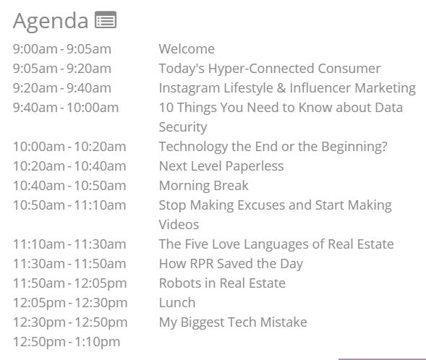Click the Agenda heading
(51, 21)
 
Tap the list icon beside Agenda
(106, 20)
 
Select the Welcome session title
(187, 49)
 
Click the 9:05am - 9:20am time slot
(62, 69)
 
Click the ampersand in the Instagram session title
(281, 88)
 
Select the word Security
(183, 127)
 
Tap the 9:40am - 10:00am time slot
(66, 108)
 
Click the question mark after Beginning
(383, 146)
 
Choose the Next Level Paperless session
(221, 166)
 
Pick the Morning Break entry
(204, 186)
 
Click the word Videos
(179, 225)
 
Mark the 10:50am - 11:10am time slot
(69, 205)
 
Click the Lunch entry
(177, 303)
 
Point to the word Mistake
(284, 322)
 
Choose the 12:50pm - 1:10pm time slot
(67, 342)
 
